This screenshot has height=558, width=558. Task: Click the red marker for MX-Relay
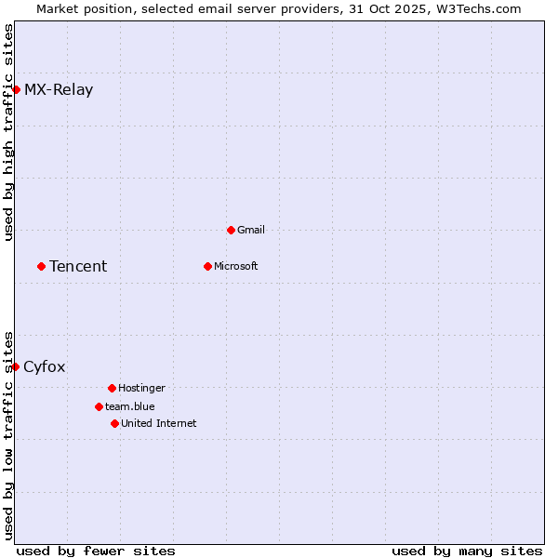[x=16, y=89]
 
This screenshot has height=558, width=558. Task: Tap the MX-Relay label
[x=59, y=90]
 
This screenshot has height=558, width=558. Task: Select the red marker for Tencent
[x=41, y=266]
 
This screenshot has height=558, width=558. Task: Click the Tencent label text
[x=78, y=267]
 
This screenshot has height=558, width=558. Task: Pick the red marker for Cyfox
[x=16, y=366]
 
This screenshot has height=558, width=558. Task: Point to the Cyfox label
[x=45, y=367]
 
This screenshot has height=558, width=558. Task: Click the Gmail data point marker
[x=231, y=230]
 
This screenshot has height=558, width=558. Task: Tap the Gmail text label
[x=251, y=231]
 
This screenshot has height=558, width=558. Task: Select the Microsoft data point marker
[x=207, y=266]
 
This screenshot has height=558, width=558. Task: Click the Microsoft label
[x=236, y=267]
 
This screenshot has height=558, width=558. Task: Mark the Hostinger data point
[x=112, y=388]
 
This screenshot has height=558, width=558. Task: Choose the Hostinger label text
[x=141, y=389]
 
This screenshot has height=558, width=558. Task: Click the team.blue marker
[x=99, y=406]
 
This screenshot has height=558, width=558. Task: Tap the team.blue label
[x=130, y=407]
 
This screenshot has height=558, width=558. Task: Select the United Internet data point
[x=114, y=423]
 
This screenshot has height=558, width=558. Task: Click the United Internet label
[x=159, y=424]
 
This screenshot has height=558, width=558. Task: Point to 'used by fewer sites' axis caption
[x=96, y=551]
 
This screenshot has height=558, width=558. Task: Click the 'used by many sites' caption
[x=467, y=551]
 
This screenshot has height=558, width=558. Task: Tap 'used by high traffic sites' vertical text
[x=8, y=132]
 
